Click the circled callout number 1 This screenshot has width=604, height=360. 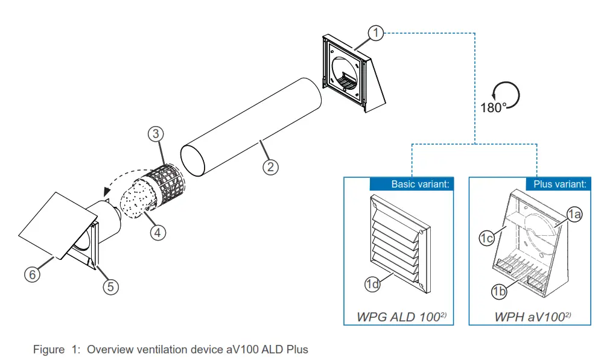(375, 33)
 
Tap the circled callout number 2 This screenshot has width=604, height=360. (271, 166)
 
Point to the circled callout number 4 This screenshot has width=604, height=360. (158, 232)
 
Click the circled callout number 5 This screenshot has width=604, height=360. (109, 286)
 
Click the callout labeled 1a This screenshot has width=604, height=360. (574, 213)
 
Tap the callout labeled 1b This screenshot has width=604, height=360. (498, 292)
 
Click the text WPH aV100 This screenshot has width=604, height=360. (529, 315)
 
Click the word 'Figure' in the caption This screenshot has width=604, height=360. (48, 349)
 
